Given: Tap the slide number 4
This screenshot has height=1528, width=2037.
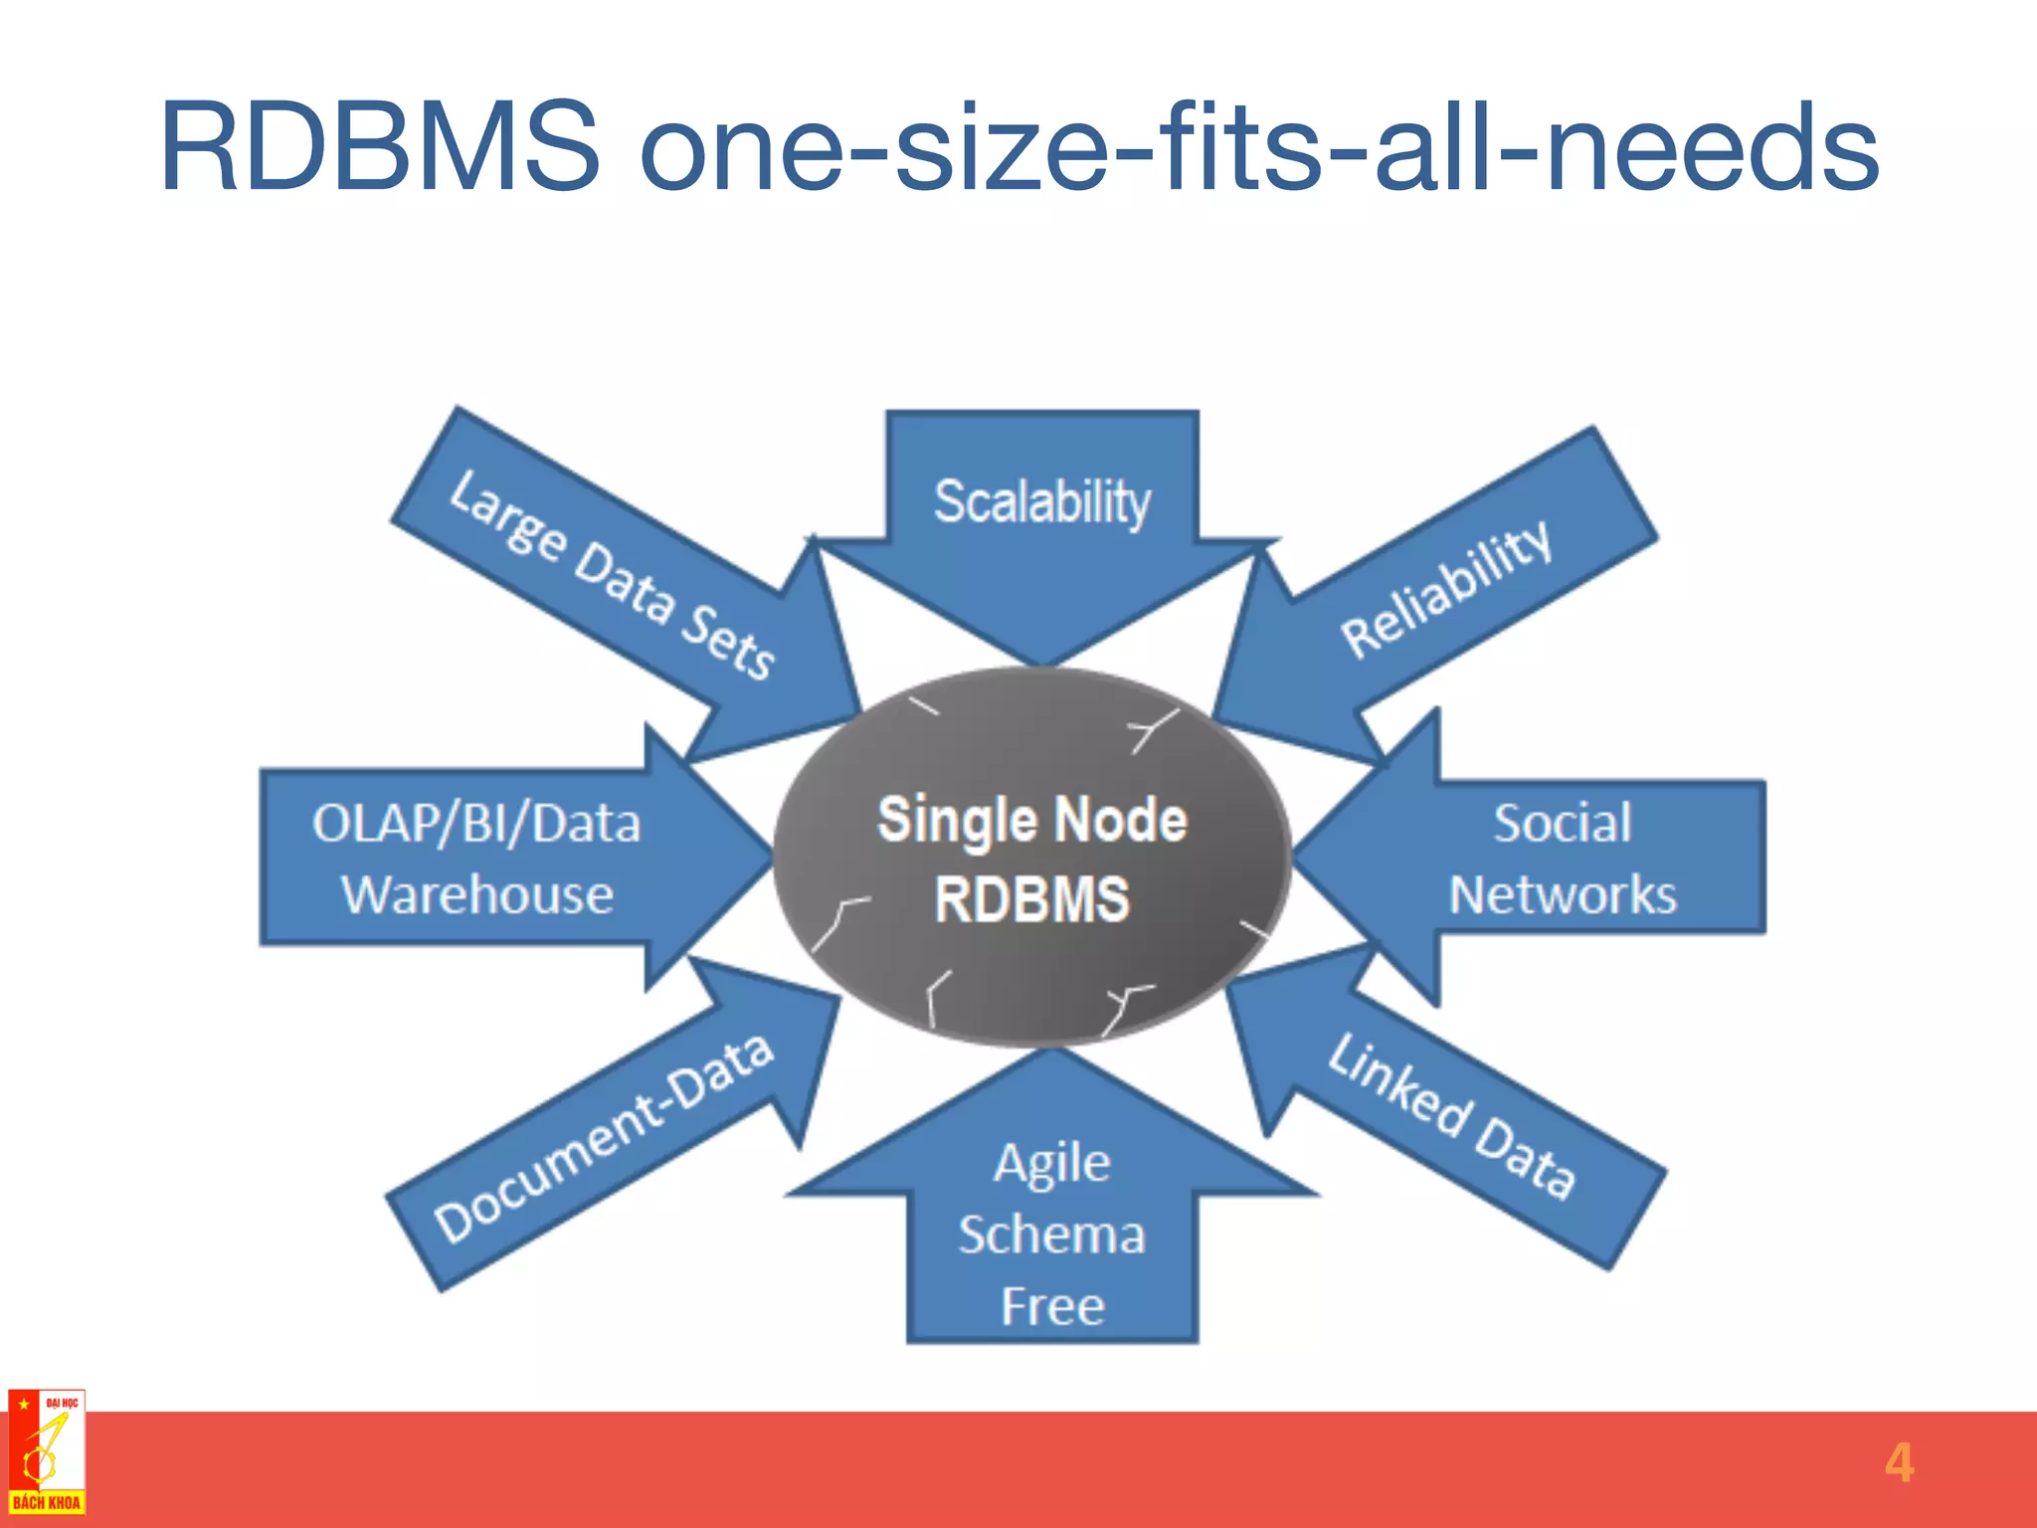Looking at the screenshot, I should [x=1899, y=1463].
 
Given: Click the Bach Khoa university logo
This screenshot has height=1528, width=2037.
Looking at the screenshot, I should [x=46, y=1453].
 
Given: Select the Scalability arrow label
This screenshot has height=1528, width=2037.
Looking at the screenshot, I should [x=1041, y=501].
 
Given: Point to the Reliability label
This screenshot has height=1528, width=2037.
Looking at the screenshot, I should [x=1446, y=589].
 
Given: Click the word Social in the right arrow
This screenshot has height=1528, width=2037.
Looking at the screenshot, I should [x=1562, y=824].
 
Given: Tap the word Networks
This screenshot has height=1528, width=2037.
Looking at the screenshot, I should [x=1562, y=894].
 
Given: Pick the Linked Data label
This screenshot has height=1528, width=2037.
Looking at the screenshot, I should [x=1453, y=1117].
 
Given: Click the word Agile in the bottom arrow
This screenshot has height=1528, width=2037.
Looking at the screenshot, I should [x=1051, y=1163].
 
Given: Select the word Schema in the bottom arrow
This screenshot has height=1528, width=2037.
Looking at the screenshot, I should [x=1051, y=1235].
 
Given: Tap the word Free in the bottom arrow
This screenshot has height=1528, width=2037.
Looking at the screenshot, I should [x=1051, y=1306].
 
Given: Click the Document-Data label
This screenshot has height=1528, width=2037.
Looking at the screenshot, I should [x=604, y=1139].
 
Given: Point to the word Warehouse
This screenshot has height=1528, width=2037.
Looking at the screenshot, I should [x=477, y=894].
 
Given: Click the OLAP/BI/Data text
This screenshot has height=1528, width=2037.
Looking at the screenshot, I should [x=476, y=824].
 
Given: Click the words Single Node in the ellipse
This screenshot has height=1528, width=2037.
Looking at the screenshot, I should [x=1031, y=821].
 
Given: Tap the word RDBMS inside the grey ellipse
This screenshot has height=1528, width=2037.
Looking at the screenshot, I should [x=1031, y=899].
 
